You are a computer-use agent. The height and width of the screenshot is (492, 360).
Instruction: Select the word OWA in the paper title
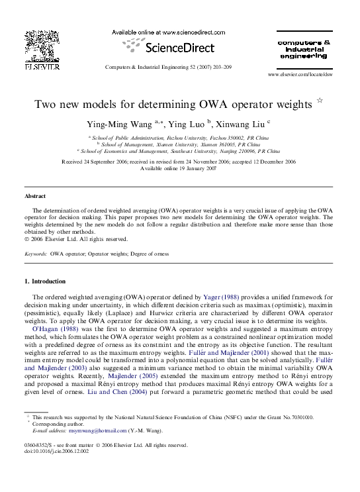coord(210,105)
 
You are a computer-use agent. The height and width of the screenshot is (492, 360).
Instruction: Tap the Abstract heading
coord(35,197)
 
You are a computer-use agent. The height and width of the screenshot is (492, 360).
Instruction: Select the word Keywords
coord(35,254)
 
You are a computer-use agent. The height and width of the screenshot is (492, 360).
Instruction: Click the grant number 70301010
coord(300,418)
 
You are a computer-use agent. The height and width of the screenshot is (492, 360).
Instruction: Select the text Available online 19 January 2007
coord(179,168)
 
